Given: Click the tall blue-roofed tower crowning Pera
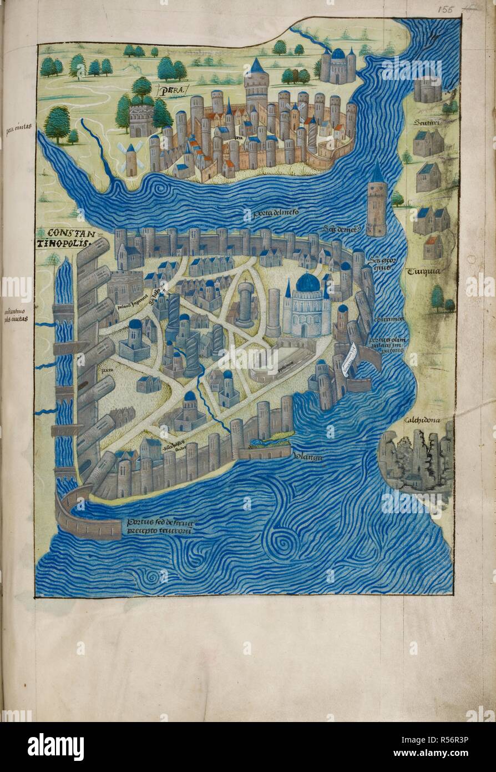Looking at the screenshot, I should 256,83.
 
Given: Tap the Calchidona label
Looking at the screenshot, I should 425,420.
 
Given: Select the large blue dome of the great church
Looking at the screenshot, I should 308,283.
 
